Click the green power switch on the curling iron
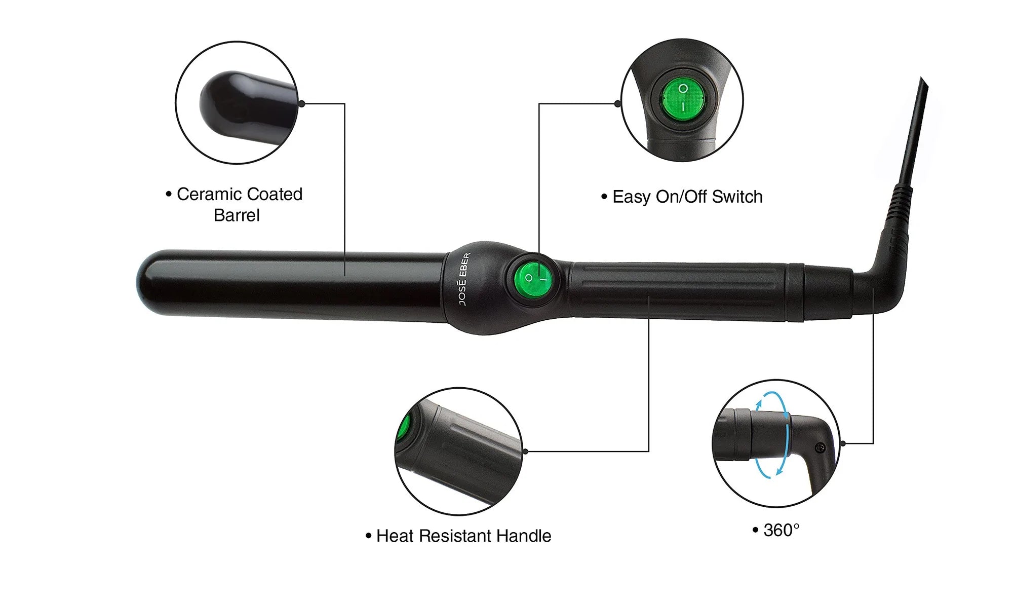(533, 280)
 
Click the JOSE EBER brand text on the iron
(464, 279)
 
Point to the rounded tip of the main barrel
(147, 282)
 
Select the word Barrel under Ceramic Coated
(237, 215)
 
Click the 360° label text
(782, 530)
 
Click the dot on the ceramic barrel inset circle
(302, 103)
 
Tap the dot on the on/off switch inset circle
(617, 103)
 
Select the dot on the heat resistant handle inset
(525, 451)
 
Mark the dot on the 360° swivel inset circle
(843, 443)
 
